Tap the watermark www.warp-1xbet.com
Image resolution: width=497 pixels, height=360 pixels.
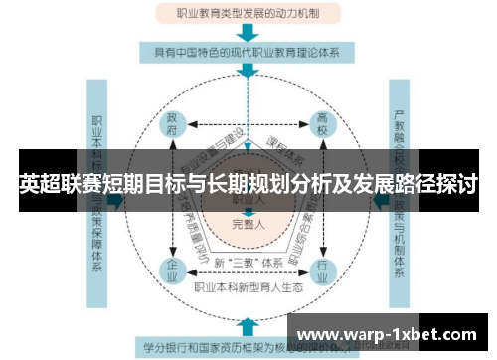[388, 333]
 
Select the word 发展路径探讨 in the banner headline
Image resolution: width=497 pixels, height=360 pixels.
[417, 183]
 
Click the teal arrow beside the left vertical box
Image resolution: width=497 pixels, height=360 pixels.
[115, 199]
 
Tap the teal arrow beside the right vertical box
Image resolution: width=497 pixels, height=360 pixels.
[378, 199]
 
